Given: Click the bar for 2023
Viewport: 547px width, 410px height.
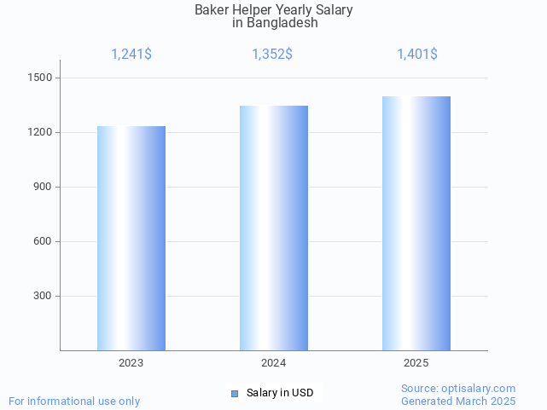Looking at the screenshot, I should (x=131, y=238).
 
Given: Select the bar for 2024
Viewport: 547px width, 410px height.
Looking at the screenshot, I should (x=274, y=228).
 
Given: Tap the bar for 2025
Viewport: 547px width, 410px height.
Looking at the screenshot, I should (x=416, y=223).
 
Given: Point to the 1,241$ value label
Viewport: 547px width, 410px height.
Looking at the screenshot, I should (x=131, y=55).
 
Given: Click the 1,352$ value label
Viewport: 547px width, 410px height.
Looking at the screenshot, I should (x=272, y=55).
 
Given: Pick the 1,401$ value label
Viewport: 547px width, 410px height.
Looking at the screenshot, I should (x=417, y=55).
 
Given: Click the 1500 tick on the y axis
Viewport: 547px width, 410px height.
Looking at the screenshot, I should (x=41, y=78).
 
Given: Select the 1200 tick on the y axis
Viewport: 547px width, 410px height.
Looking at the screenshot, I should (x=41, y=132).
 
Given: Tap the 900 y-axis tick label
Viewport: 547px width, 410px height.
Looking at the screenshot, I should (x=44, y=187).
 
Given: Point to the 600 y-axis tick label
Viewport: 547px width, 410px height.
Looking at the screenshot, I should (x=44, y=241).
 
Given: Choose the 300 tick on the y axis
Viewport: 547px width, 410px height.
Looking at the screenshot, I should (x=44, y=296).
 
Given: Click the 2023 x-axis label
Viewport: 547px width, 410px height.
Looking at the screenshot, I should (x=131, y=363).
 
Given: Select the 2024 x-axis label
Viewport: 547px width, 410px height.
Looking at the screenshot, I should (x=274, y=363).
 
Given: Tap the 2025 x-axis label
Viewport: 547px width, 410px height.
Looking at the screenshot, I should (x=416, y=363).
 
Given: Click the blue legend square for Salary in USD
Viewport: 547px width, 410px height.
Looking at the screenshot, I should (x=236, y=393).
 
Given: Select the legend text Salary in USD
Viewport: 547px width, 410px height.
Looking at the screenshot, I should (x=280, y=393).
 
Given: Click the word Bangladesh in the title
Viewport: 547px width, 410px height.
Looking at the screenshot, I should (x=282, y=23).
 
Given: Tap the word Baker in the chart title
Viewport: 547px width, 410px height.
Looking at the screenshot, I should (x=212, y=10).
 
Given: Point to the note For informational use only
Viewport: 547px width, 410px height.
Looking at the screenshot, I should (x=74, y=401).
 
